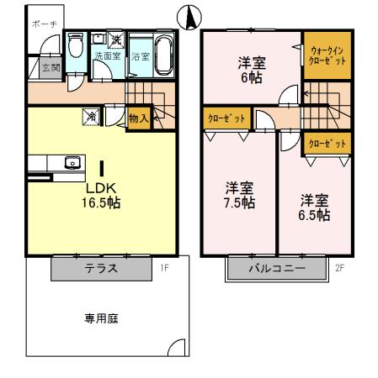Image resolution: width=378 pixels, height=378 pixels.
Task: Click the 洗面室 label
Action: point(108,56)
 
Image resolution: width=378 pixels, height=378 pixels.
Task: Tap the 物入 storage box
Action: point(138,119)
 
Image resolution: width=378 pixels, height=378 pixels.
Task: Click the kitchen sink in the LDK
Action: point(72,164)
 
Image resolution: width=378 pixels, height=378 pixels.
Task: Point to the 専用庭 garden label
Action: point(100,318)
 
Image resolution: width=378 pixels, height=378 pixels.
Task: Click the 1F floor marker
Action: point(165,269)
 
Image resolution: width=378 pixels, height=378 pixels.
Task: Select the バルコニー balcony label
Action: point(277,270)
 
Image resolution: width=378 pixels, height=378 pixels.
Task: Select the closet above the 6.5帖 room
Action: point(327,144)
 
